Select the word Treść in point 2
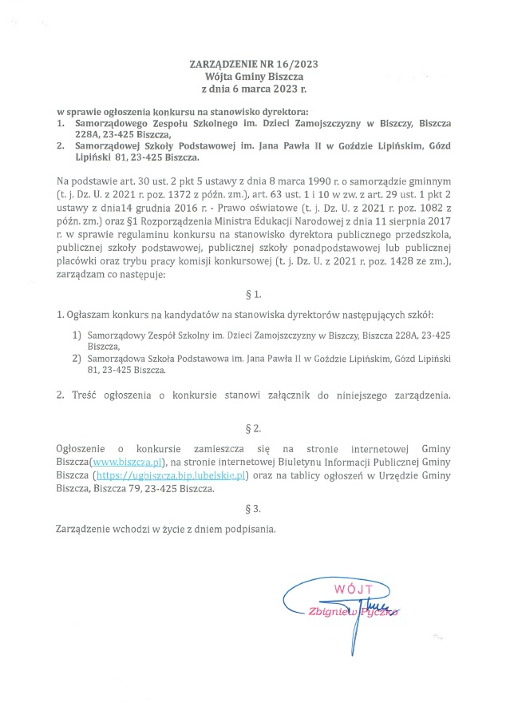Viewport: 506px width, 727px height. tap(83, 395)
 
